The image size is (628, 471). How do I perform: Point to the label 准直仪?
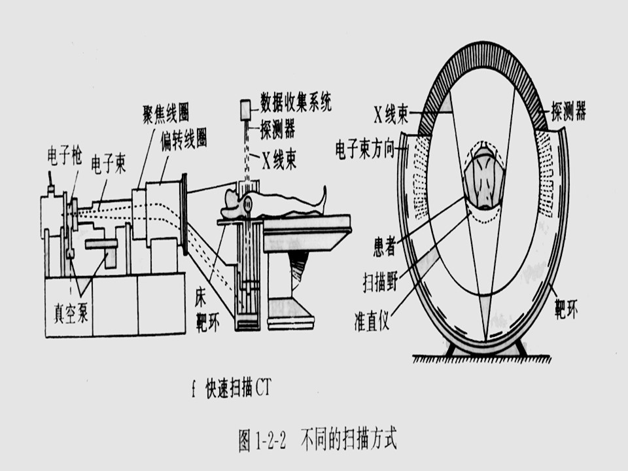[374, 322]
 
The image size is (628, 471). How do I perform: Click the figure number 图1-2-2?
[263, 438]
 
